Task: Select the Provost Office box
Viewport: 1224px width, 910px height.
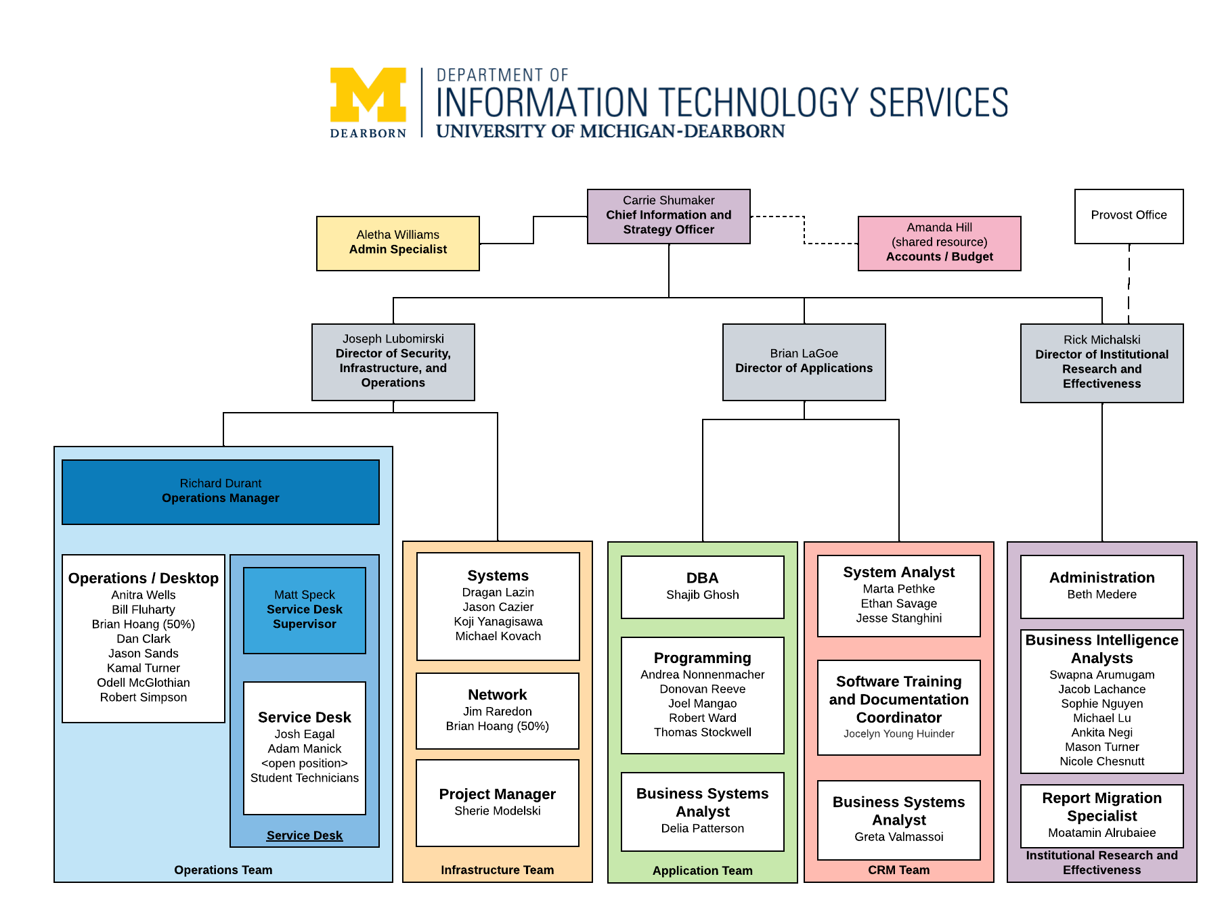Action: coord(1129,216)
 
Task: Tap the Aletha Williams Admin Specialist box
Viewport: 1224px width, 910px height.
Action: coord(398,243)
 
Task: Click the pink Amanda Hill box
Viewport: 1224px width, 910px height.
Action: coord(939,243)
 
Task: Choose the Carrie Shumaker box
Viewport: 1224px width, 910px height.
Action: coord(668,216)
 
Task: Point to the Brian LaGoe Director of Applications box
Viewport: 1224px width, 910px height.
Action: coord(804,362)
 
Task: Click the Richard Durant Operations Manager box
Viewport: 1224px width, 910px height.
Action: coord(221,492)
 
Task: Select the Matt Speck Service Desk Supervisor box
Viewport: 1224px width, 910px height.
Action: coord(305,610)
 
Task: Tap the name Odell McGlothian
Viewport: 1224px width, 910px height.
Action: coord(144,683)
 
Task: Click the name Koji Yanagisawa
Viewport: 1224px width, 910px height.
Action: coord(498,622)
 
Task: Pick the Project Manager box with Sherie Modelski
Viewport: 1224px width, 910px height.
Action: coord(498,802)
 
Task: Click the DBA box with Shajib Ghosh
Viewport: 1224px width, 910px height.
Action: coord(702,587)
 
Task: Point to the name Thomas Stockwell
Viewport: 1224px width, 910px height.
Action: coord(702,732)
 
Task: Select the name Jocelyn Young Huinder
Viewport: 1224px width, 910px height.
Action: coord(898,733)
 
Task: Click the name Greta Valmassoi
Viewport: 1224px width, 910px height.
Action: coord(898,837)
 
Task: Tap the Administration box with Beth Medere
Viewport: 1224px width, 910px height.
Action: coord(1101,587)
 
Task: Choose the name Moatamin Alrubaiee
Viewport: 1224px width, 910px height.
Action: coord(1101,833)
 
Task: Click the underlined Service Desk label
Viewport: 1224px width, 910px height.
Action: coord(305,836)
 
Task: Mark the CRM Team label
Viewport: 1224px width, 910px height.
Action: coord(898,870)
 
